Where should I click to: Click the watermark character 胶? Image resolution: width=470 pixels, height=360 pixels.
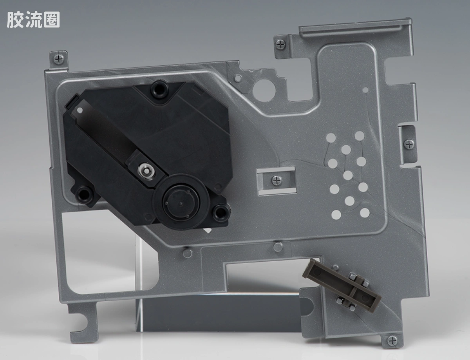point(14,20)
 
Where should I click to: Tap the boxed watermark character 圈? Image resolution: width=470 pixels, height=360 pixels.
point(52,20)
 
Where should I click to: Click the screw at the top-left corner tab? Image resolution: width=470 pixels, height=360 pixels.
point(59,58)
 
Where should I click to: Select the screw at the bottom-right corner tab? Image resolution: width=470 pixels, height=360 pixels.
point(392,341)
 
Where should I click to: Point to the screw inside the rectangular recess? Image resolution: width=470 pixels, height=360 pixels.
point(277,180)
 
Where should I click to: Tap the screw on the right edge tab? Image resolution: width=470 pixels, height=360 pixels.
point(409,144)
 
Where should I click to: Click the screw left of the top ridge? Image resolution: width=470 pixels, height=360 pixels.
point(281,45)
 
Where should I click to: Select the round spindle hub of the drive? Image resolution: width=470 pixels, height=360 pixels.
point(181,203)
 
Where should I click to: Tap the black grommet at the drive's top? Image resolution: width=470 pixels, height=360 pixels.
point(160,89)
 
